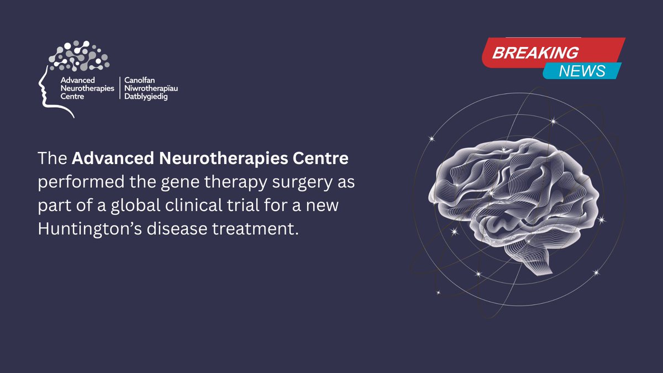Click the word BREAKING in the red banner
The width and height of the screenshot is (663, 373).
click(x=535, y=53)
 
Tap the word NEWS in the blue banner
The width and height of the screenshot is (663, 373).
click(x=582, y=71)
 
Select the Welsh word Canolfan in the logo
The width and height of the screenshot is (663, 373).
click(x=139, y=80)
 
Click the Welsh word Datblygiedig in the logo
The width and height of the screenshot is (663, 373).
click(x=146, y=97)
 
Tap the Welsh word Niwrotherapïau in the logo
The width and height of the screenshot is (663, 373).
click(x=151, y=88)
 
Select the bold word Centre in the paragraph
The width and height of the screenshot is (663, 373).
click(x=323, y=159)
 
